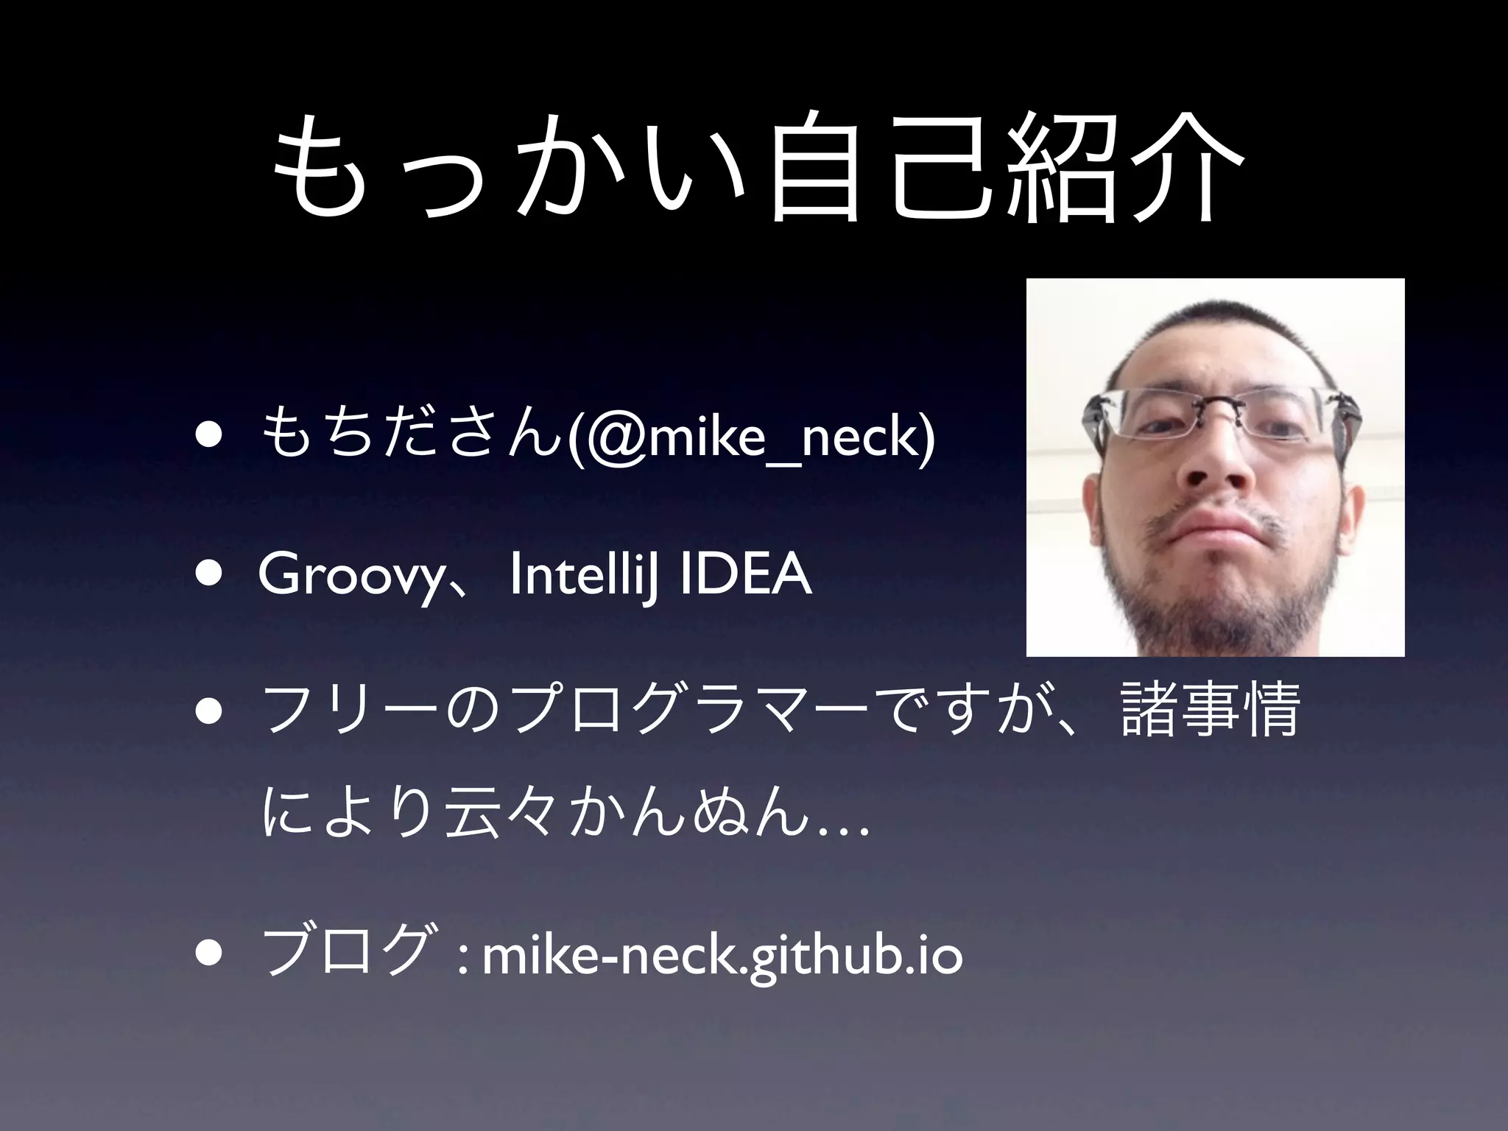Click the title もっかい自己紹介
click(x=754, y=169)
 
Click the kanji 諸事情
click(x=1208, y=711)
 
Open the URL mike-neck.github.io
click(x=722, y=956)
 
